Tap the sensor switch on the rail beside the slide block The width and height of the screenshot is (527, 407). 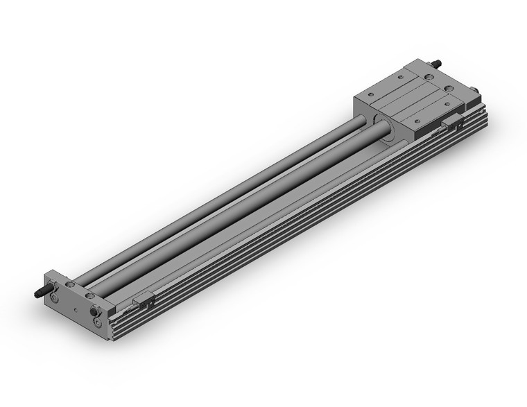[x=451, y=123]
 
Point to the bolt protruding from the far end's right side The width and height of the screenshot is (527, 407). [x=477, y=89]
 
